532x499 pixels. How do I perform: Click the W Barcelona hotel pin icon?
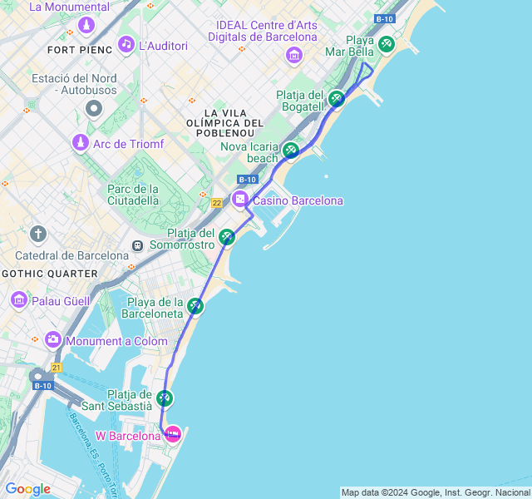pyautogui.click(x=173, y=433)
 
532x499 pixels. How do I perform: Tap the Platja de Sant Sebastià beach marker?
pyautogui.click(x=165, y=398)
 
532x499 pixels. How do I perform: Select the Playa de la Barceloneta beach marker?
pyautogui.click(x=195, y=306)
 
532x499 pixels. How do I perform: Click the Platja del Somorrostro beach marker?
pyautogui.click(x=227, y=238)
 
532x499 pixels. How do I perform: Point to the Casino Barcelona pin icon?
pyautogui.click(x=240, y=199)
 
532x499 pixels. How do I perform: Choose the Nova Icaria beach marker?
pyautogui.click(x=290, y=151)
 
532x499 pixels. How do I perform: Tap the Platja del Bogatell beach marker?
pyautogui.click(x=336, y=98)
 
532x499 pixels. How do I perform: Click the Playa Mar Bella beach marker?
pyautogui.click(x=386, y=44)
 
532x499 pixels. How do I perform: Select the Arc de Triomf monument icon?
pyautogui.click(x=80, y=143)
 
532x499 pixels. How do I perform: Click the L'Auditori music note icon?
pyautogui.click(x=126, y=44)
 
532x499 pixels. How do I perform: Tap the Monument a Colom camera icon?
pyautogui.click(x=53, y=339)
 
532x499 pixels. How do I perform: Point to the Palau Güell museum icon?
pyautogui.click(x=18, y=299)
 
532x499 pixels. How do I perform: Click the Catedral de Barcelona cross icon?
pyautogui.click(x=37, y=234)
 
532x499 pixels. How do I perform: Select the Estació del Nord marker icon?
pyautogui.click(x=93, y=108)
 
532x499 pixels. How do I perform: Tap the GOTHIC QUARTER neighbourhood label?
pyautogui.click(x=50, y=273)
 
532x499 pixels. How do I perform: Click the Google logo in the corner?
pyautogui.click(x=28, y=489)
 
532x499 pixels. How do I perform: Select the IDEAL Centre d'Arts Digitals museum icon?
pyautogui.click(x=293, y=55)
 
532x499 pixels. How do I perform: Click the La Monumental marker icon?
pyautogui.click(x=86, y=25)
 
